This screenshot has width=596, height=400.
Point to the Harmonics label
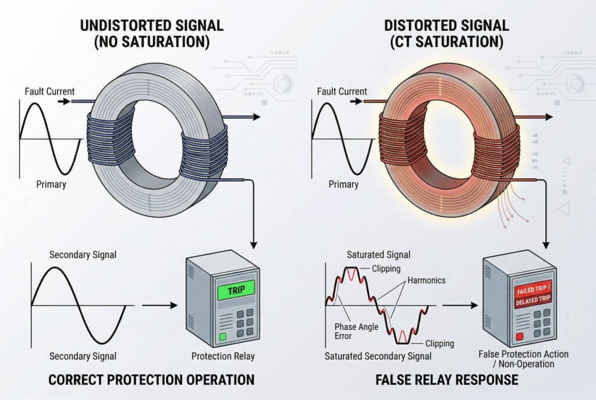coord(426,280)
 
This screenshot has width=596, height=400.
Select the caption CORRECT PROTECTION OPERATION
coord(151,380)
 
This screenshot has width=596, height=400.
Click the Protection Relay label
coord(223,356)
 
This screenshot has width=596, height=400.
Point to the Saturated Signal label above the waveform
coord(378,254)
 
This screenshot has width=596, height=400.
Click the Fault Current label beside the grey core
coord(49,91)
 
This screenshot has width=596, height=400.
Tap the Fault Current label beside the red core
coord(342,91)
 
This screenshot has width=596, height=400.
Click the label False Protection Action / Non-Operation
coord(522,359)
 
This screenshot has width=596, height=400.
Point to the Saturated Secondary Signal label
coord(378,356)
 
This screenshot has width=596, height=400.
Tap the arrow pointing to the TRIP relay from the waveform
coord(158,305)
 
